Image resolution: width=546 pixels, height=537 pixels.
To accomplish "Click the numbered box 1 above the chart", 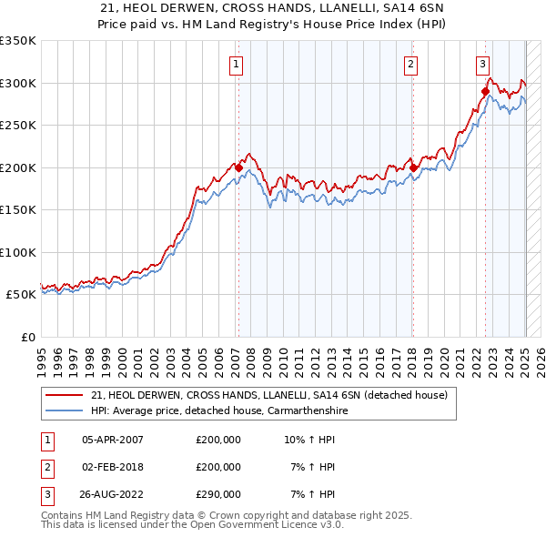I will [236, 64].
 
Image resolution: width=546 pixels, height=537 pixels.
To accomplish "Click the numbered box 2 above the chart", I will [411, 64].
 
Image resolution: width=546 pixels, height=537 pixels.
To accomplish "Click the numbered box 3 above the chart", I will [482, 64].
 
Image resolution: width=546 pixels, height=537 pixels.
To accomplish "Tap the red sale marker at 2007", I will [238, 167].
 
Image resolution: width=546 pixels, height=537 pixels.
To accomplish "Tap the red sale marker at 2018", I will [413, 167].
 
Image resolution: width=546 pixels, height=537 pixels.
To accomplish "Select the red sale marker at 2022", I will [485, 91].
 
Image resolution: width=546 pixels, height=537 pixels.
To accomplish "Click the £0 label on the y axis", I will [26, 337].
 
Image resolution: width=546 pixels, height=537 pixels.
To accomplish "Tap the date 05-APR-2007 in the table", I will [113, 440].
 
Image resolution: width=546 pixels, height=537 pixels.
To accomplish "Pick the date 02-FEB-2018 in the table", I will [113, 467].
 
